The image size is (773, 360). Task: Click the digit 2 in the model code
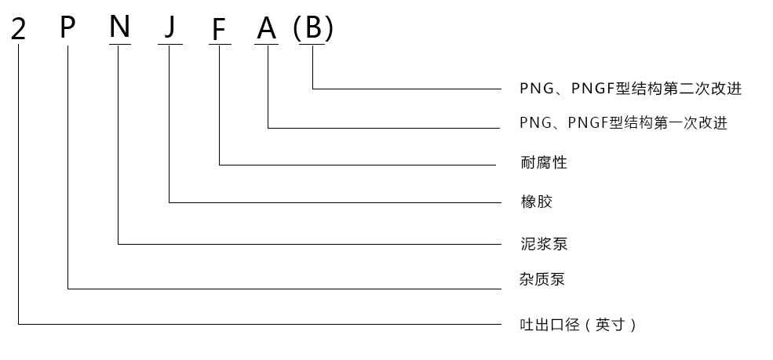pyautogui.click(x=19, y=29)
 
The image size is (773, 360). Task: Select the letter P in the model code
pyautogui.click(x=68, y=28)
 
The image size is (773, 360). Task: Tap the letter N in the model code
pyautogui.click(x=119, y=27)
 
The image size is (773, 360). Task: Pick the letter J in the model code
pyautogui.click(x=170, y=29)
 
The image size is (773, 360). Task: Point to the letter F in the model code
pyautogui.click(x=219, y=29)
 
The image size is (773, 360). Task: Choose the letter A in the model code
pyautogui.click(x=268, y=29)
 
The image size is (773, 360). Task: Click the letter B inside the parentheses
pyautogui.click(x=313, y=29)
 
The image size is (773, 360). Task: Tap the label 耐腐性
pyautogui.click(x=543, y=163)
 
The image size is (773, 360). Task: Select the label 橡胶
pyautogui.click(x=536, y=202)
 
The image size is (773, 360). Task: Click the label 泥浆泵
pyautogui.click(x=543, y=244)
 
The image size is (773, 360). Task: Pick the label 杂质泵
pyautogui.click(x=541, y=279)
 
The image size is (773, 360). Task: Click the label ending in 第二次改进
pyautogui.click(x=631, y=89)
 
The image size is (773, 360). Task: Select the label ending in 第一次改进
pyautogui.click(x=624, y=123)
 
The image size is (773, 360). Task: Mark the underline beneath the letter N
pyautogui.click(x=119, y=44)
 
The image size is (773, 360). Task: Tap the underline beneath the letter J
pyautogui.click(x=170, y=44)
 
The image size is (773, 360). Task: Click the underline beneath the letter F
pyautogui.click(x=219, y=44)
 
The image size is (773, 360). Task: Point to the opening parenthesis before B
pyautogui.click(x=297, y=29)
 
